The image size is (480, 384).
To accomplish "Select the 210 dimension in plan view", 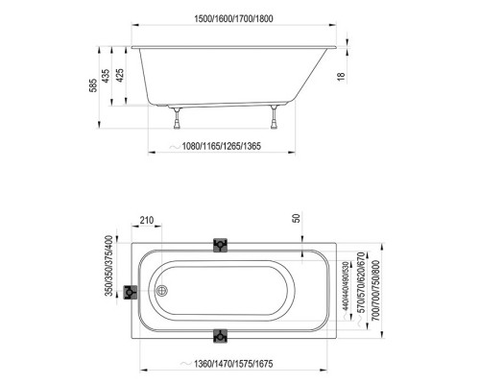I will [146, 222].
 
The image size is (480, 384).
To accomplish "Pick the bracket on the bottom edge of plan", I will [222, 336].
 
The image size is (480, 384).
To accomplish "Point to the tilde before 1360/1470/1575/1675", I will [174, 366].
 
